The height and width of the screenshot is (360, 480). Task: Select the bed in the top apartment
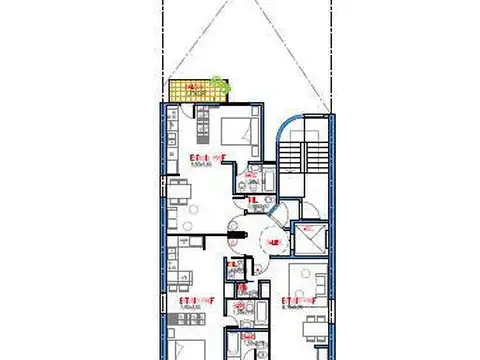coord(238,130)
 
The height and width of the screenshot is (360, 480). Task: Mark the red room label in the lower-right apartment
coord(297,299)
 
